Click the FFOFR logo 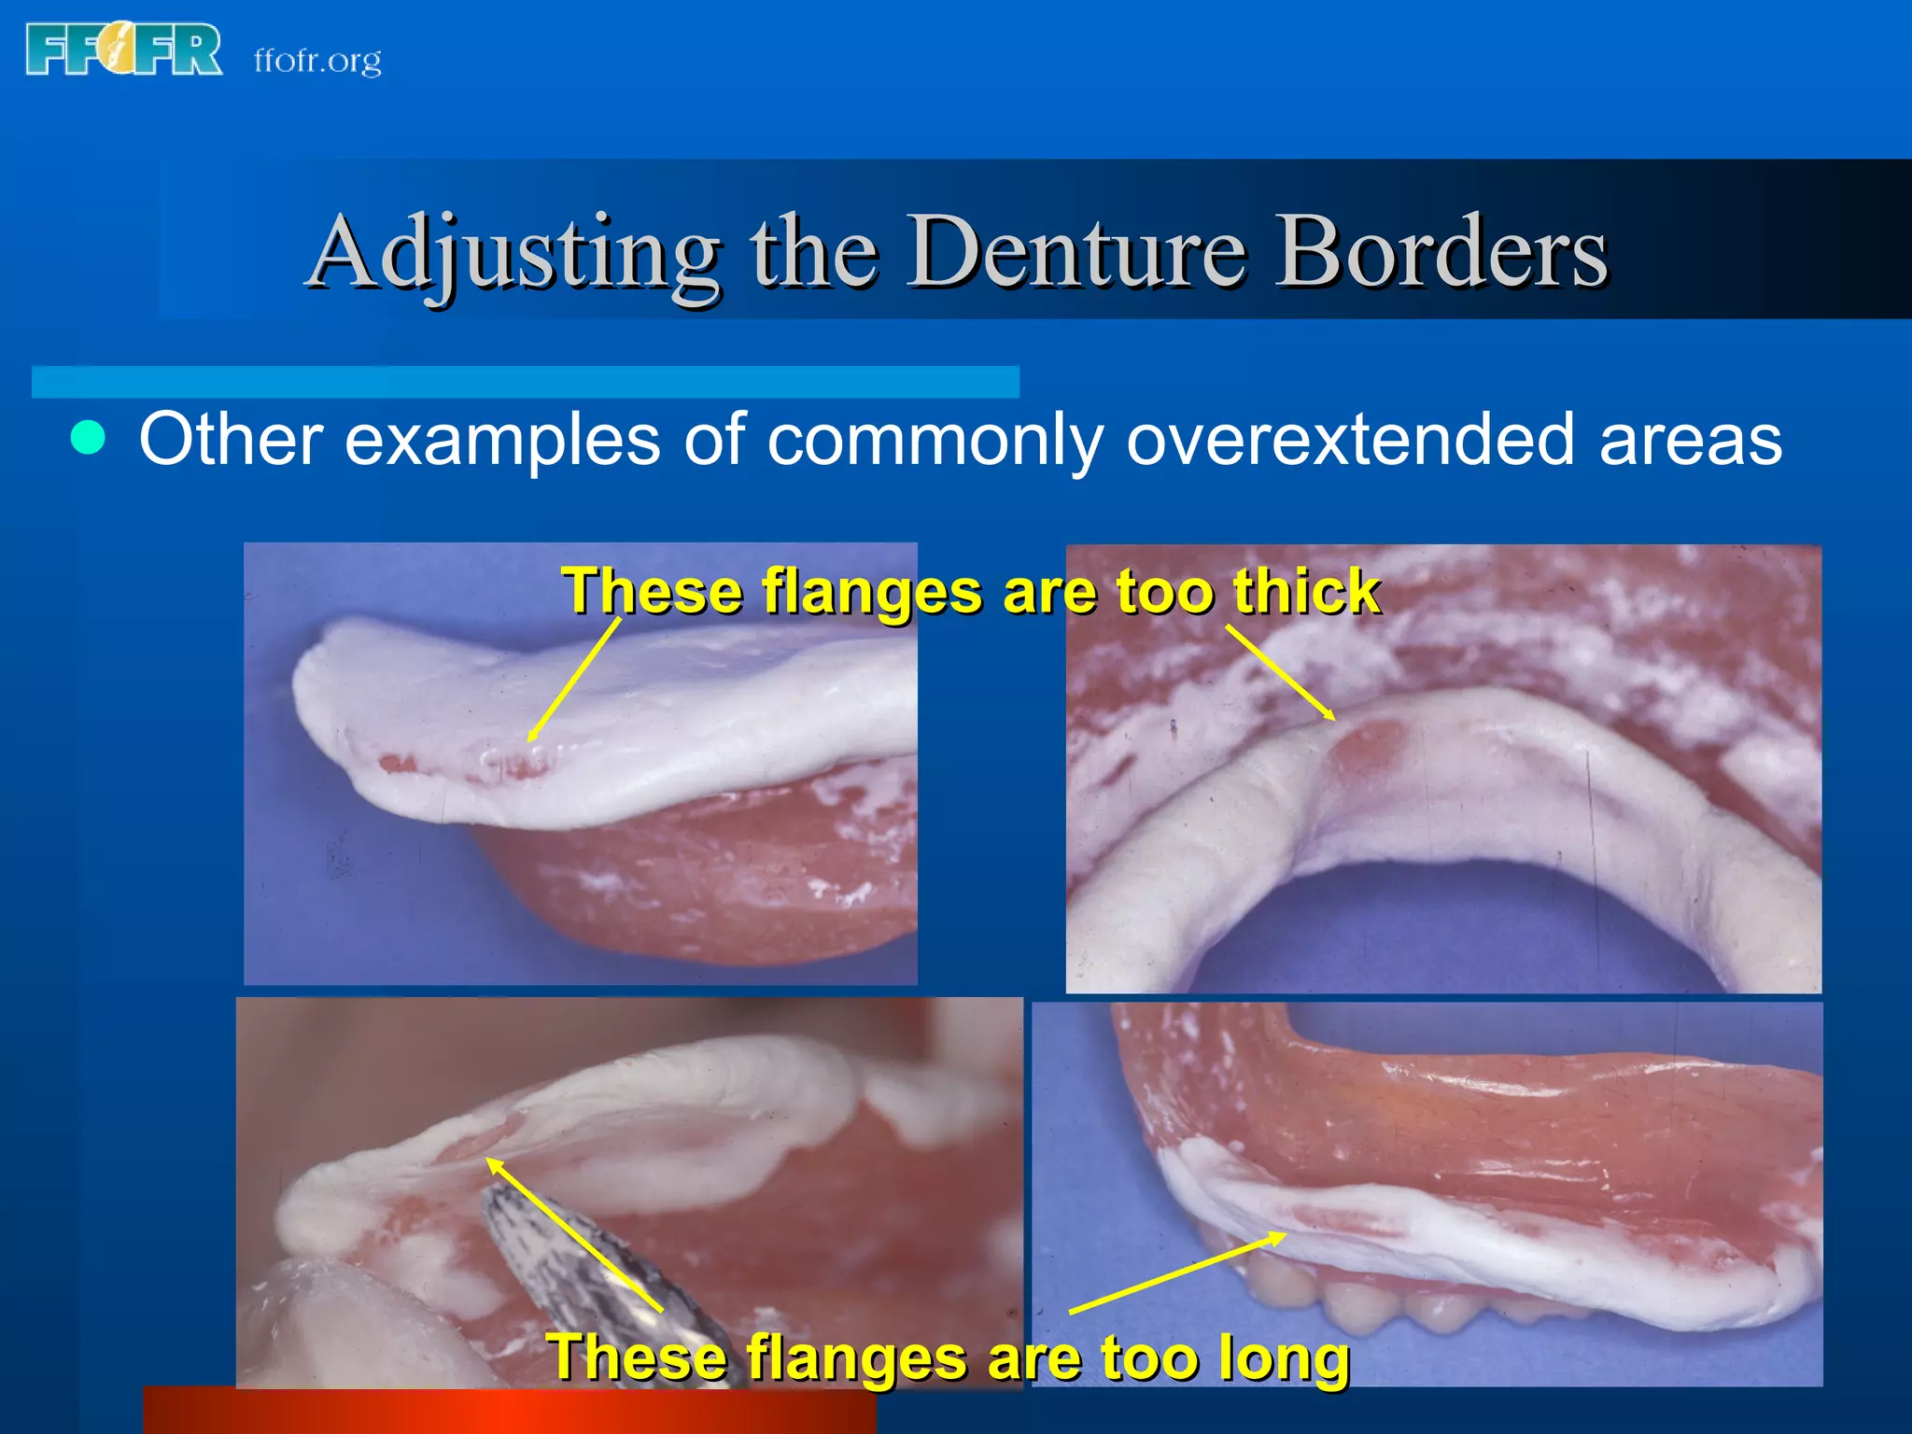coord(124,50)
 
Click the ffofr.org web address coord(317,61)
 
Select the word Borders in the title coord(1441,252)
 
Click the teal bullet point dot coord(89,437)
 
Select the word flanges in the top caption coord(872,592)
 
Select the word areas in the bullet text coord(1691,439)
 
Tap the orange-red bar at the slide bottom coord(509,1411)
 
